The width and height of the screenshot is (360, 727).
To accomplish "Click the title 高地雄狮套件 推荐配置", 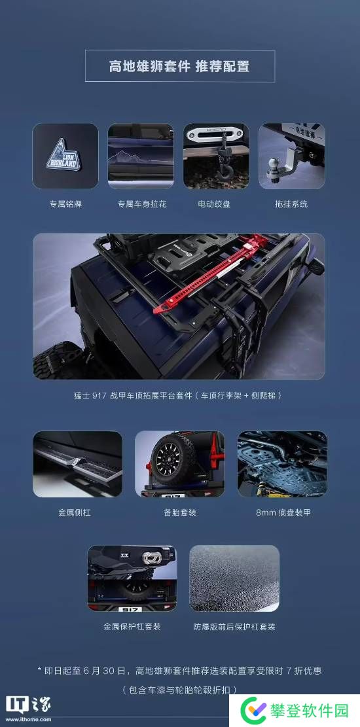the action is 179,66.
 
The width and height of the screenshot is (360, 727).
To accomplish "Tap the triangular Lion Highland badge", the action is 64,155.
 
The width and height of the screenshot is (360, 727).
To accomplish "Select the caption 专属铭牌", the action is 65,204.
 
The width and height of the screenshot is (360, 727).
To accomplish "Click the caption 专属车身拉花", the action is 141,204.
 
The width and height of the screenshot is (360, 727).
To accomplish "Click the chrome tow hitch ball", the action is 274,164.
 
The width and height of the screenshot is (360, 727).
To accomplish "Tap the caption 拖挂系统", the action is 291,204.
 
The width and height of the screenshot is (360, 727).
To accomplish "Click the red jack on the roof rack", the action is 211,273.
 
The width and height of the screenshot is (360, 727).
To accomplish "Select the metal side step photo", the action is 77,464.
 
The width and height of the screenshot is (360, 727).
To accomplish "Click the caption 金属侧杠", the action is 74,513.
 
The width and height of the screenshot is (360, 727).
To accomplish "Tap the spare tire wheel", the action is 173,459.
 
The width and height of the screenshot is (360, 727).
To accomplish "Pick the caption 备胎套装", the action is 179,513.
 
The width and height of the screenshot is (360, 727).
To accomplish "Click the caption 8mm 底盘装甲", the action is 283,513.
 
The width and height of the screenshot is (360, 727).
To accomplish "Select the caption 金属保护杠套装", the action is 132,626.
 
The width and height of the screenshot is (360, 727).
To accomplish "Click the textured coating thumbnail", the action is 234,578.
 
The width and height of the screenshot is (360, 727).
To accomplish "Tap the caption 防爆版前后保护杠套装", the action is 234,627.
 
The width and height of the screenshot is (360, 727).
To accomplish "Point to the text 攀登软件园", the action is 310,710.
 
